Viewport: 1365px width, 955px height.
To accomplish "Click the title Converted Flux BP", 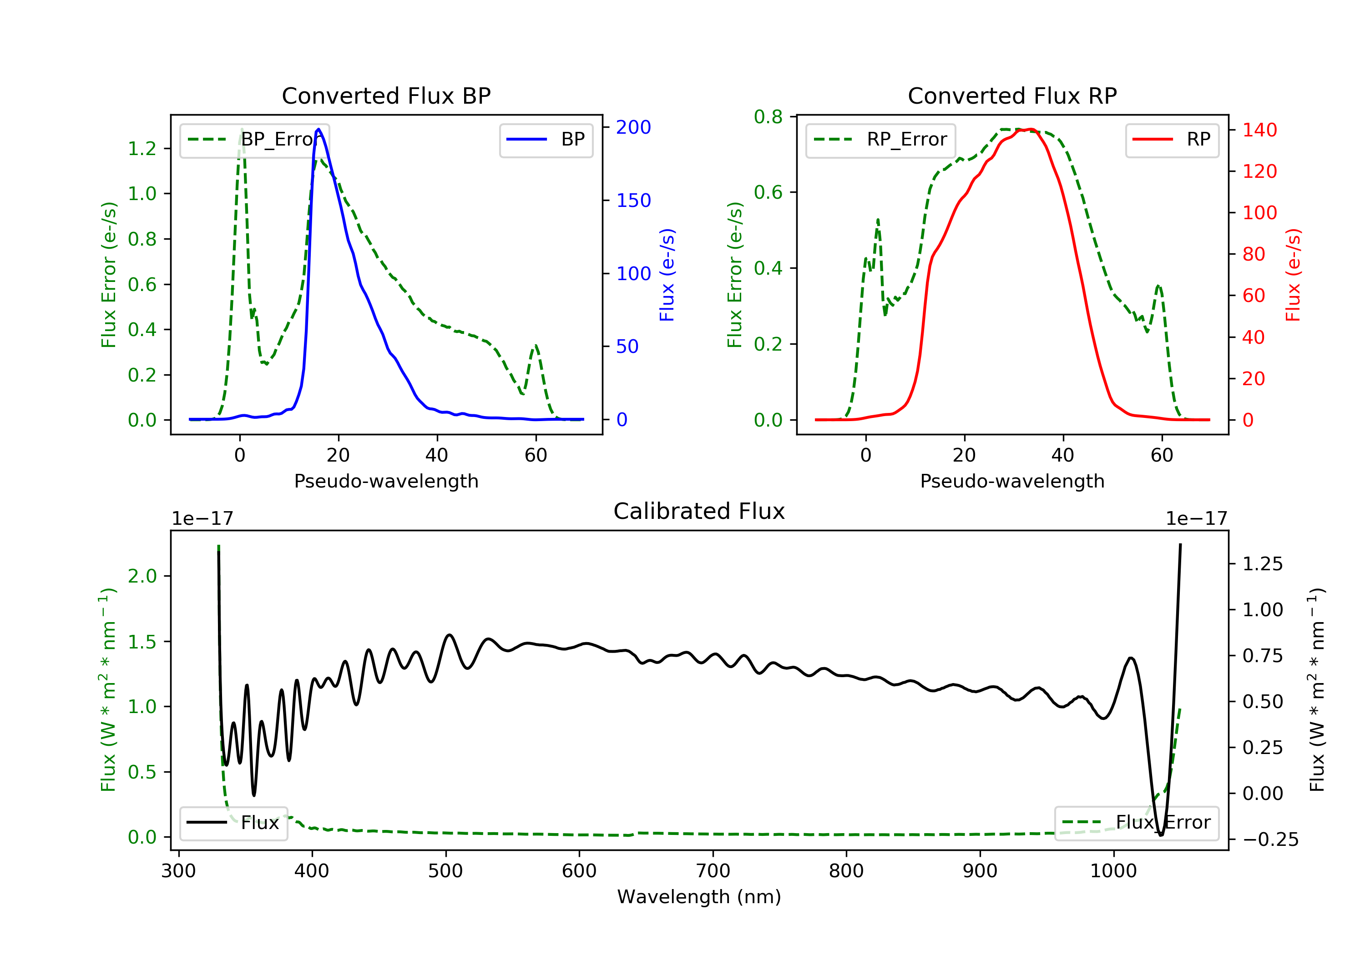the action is click(386, 95).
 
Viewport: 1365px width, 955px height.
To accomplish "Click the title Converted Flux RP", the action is click(1012, 95).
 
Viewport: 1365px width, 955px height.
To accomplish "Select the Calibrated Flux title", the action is click(699, 511).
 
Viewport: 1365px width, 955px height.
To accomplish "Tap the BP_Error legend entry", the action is click(254, 140).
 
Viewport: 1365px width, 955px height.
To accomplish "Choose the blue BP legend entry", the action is click(546, 140).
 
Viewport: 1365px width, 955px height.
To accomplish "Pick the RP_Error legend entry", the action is click(880, 140).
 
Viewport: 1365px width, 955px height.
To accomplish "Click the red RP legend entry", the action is click(1172, 140).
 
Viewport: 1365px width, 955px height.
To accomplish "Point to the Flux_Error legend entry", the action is click(1136, 823).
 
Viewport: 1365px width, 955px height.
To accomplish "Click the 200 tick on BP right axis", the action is click(633, 127).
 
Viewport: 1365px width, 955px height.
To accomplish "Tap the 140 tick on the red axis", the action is click(1259, 130).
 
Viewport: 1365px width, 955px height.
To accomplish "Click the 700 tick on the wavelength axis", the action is click(713, 871).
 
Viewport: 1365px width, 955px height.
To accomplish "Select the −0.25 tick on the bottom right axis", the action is click(1270, 839).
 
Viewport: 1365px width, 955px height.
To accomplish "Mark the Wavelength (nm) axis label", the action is click(699, 897).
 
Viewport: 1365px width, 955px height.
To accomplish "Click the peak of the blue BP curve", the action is click(318, 129).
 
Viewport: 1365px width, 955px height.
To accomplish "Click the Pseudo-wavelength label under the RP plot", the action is click(1012, 481).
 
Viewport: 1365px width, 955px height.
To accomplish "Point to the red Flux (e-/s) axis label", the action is click(1293, 275).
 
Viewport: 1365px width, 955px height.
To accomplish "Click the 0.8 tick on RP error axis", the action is click(768, 117).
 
